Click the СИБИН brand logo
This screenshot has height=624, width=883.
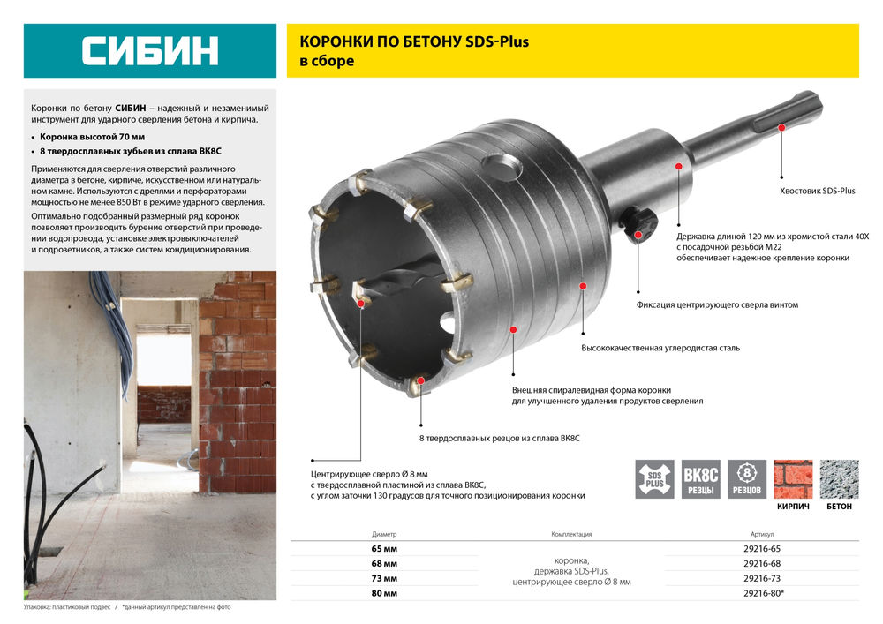(150, 50)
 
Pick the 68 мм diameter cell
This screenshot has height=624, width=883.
(384, 563)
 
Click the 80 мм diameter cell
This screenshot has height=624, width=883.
(384, 593)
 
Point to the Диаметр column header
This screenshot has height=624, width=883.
(384, 534)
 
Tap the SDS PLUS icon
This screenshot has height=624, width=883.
(654, 478)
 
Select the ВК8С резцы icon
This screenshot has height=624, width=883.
(701, 478)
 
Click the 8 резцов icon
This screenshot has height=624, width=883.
(747, 478)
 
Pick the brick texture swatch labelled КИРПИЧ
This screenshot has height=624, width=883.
(793, 479)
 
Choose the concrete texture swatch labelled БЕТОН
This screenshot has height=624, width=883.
(839, 479)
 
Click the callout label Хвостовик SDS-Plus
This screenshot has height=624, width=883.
(817, 191)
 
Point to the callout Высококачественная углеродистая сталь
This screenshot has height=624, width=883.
(660, 348)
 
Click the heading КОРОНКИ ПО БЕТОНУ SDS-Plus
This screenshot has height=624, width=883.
(414, 41)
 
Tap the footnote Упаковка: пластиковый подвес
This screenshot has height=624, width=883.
(67, 608)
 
